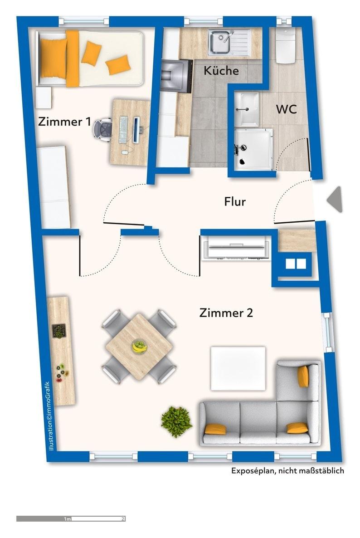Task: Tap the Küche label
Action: tap(221, 71)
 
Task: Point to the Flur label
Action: tap(235, 201)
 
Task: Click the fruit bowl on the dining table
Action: tap(140, 347)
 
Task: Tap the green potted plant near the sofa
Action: tap(176, 421)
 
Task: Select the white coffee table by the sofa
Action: tap(238, 368)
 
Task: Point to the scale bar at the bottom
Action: tap(71, 518)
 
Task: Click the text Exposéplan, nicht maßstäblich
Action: tap(287, 471)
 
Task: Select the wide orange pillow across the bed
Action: tap(73, 58)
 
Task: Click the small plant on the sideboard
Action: tap(58, 331)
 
